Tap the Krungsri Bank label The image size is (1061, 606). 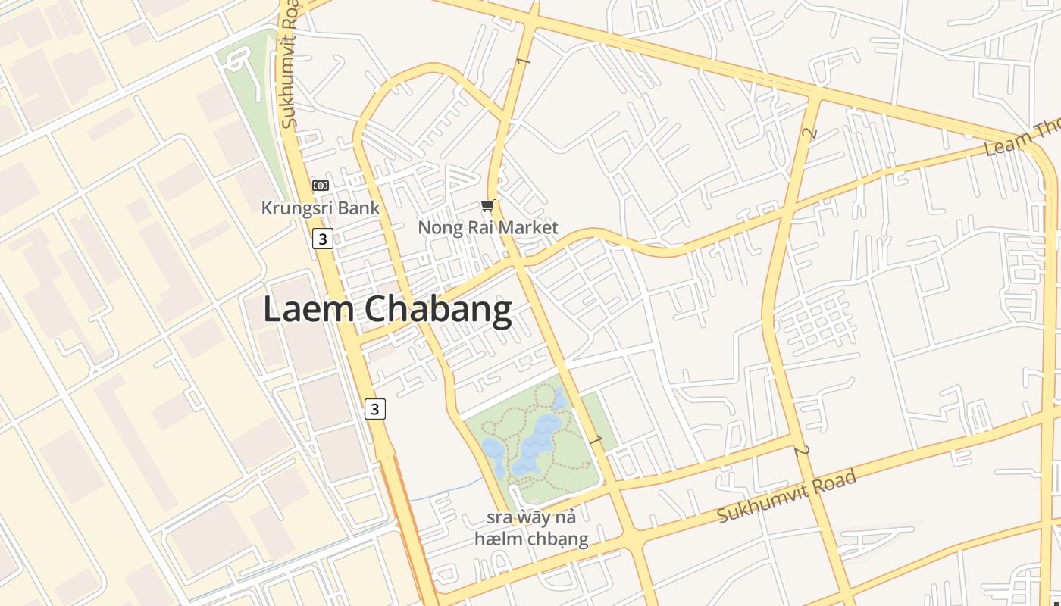click(x=320, y=208)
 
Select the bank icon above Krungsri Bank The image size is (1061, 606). click(x=321, y=186)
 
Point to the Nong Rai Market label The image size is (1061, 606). click(x=487, y=227)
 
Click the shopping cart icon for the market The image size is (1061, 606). click(x=488, y=206)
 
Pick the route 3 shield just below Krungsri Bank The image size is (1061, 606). click(x=323, y=239)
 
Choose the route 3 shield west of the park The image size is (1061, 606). click(x=374, y=409)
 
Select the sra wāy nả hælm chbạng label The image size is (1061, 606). click(x=531, y=529)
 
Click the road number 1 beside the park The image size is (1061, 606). click(x=596, y=440)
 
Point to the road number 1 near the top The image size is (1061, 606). click(x=522, y=60)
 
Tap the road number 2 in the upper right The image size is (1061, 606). click(x=809, y=134)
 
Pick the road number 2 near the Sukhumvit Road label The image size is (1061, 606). click(x=801, y=451)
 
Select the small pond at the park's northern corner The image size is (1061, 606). click(x=559, y=398)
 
